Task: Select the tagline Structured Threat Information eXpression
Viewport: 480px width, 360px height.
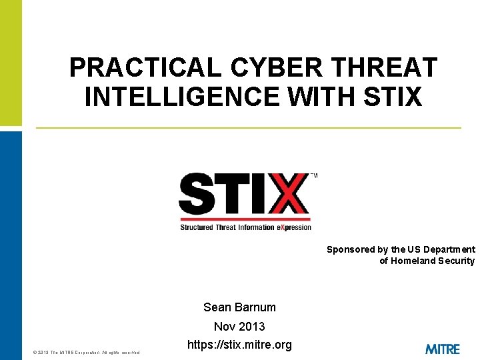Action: point(245,227)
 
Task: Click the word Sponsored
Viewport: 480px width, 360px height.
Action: point(351,249)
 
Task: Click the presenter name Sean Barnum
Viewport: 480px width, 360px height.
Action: point(239,307)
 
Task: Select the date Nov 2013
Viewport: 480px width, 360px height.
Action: point(239,327)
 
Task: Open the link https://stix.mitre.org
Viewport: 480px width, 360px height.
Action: point(239,345)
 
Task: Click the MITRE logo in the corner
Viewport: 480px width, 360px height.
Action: point(442,349)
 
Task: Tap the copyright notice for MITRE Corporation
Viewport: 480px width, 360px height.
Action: point(86,352)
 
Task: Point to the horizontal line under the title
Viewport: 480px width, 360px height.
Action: point(248,127)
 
